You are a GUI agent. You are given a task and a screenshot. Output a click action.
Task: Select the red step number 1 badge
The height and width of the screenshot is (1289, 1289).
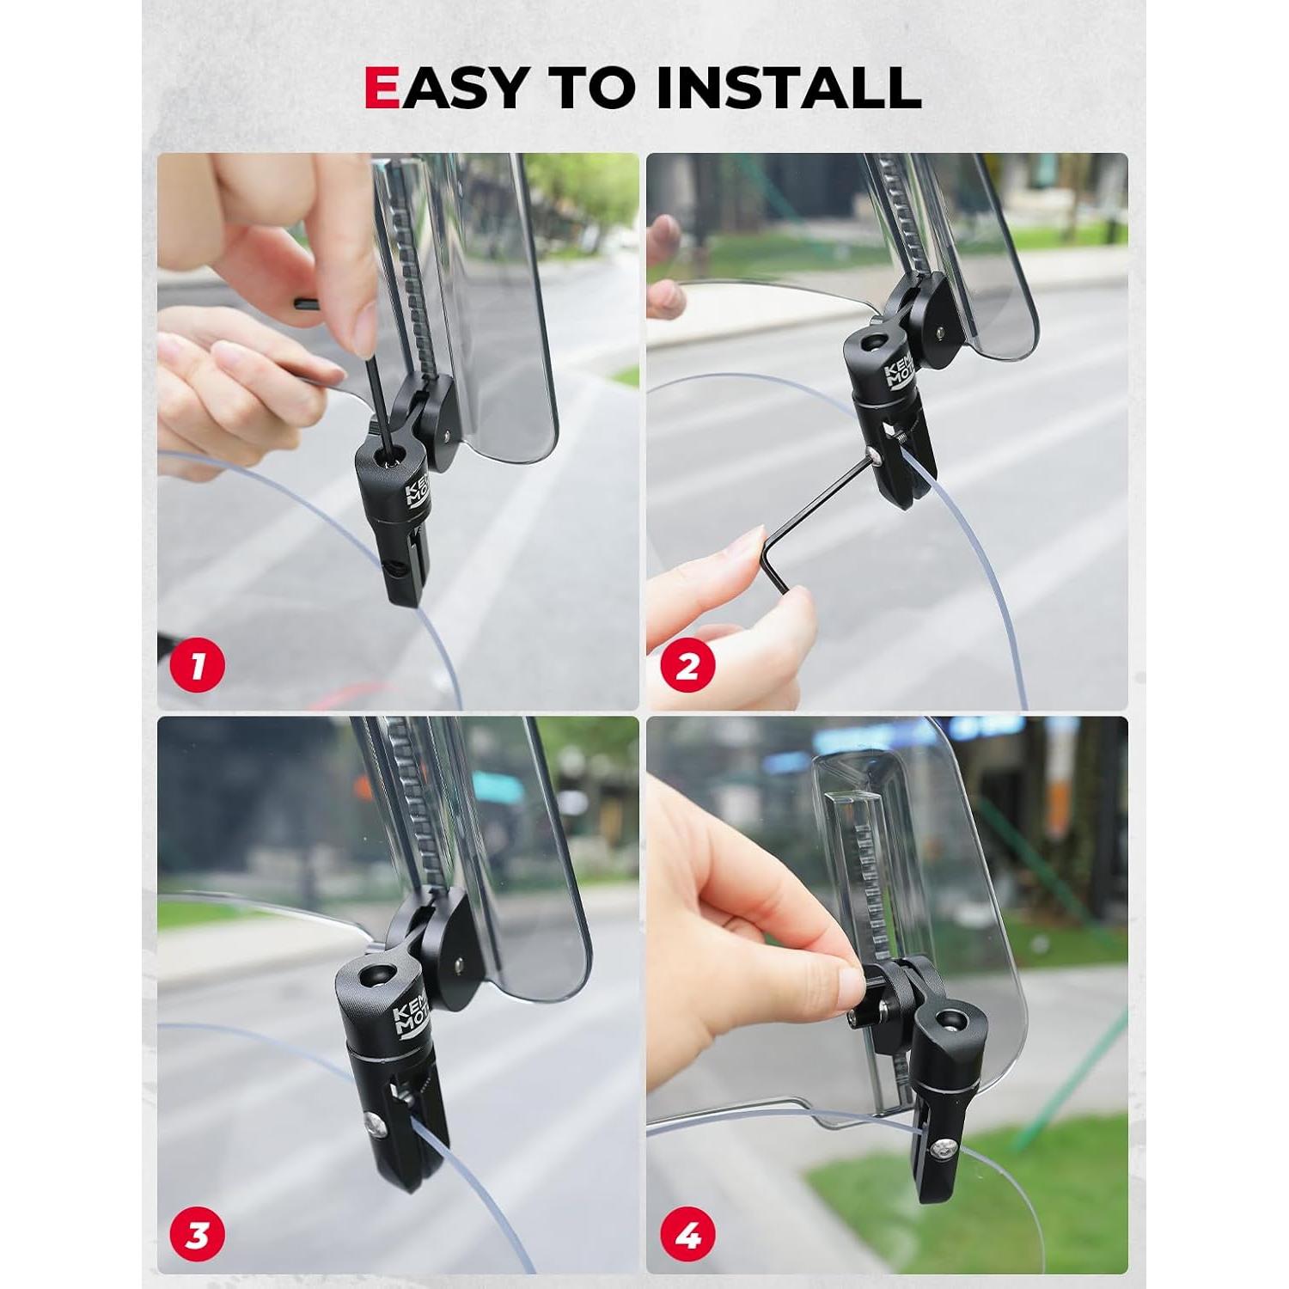pyautogui.click(x=198, y=666)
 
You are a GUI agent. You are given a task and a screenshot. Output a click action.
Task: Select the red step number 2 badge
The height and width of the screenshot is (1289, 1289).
pyautogui.click(x=687, y=666)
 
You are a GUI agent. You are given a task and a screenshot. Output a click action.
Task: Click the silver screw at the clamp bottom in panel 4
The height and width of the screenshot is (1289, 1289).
pyautogui.click(x=944, y=1148)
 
